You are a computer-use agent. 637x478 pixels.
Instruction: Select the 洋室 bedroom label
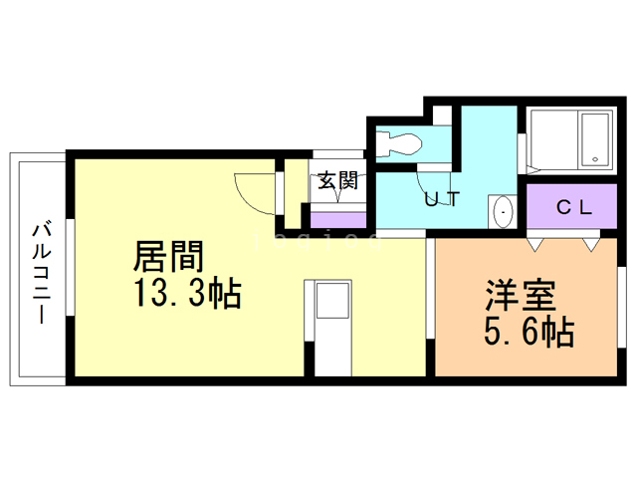[522, 296]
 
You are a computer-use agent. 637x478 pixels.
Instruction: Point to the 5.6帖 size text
[528, 333]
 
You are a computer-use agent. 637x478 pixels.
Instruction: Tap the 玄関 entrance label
[337, 181]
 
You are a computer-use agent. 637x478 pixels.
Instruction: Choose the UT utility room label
[442, 198]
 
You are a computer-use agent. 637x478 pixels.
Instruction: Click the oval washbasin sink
[503, 212]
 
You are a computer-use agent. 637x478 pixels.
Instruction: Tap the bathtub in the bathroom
[569, 140]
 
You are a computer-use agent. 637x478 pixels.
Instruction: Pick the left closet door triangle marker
[537, 241]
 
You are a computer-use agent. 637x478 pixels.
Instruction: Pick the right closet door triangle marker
[591, 241]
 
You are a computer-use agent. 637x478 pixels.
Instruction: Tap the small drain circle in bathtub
[593, 157]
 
